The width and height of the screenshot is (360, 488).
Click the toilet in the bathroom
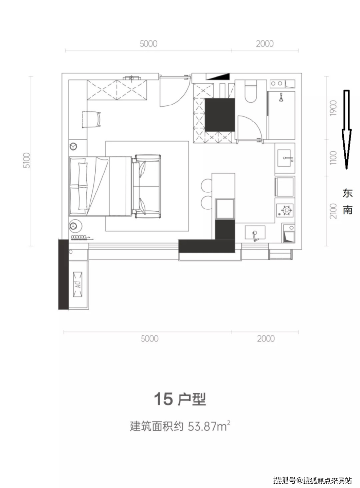[251, 91]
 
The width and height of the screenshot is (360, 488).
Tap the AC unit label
[77, 284]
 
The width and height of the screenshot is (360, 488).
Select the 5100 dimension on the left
[27, 160]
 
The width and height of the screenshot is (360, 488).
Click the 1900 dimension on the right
[333, 108]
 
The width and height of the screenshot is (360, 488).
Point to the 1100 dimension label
[333, 158]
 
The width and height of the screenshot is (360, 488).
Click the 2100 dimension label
[333, 210]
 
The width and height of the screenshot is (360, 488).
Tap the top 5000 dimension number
[148, 44]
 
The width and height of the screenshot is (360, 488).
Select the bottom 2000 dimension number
[266, 338]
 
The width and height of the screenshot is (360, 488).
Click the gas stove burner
[287, 210]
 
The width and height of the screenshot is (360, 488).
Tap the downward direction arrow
[346, 129]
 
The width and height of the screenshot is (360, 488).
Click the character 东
[347, 193]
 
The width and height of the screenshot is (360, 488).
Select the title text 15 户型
[180, 400]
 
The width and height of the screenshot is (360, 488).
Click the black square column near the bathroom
[219, 115]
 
